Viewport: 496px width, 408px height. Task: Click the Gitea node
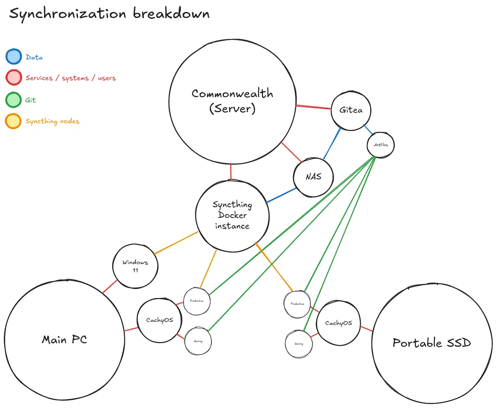tap(351, 110)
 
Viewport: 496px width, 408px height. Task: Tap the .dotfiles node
tap(380, 145)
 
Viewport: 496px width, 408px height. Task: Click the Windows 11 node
tap(135, 266)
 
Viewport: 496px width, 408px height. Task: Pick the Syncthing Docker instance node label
tap(232, 215)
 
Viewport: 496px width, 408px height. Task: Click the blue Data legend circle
tap(13, 57)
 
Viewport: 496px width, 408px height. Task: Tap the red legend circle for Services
tap(13, 77)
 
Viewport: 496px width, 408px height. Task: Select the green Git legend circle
tap(13, 100)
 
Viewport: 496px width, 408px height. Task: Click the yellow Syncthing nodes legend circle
tap(13, 121)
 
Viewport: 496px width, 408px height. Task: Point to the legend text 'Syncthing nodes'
tap(52, 122)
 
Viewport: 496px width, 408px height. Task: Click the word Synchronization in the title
tap(68, 14)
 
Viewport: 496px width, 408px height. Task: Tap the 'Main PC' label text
tap(64, 340)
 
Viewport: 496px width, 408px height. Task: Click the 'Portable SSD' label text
tap(431, 343)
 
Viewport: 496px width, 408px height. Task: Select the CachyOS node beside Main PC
tap(160, 320)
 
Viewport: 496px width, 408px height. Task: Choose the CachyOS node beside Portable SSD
tap(338, 323)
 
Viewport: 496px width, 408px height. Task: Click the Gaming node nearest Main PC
tap(198, 342)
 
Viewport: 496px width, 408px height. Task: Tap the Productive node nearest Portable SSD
tap(297, 304)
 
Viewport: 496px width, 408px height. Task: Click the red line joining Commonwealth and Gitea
tap(314, 107)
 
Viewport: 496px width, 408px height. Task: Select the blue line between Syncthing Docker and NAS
tap(281, 195)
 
